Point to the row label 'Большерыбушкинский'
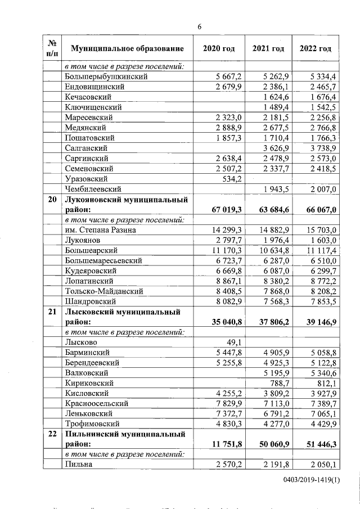(x=106, y=76)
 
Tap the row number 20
(x=51, y=199)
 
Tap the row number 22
(x=51, y=434)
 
